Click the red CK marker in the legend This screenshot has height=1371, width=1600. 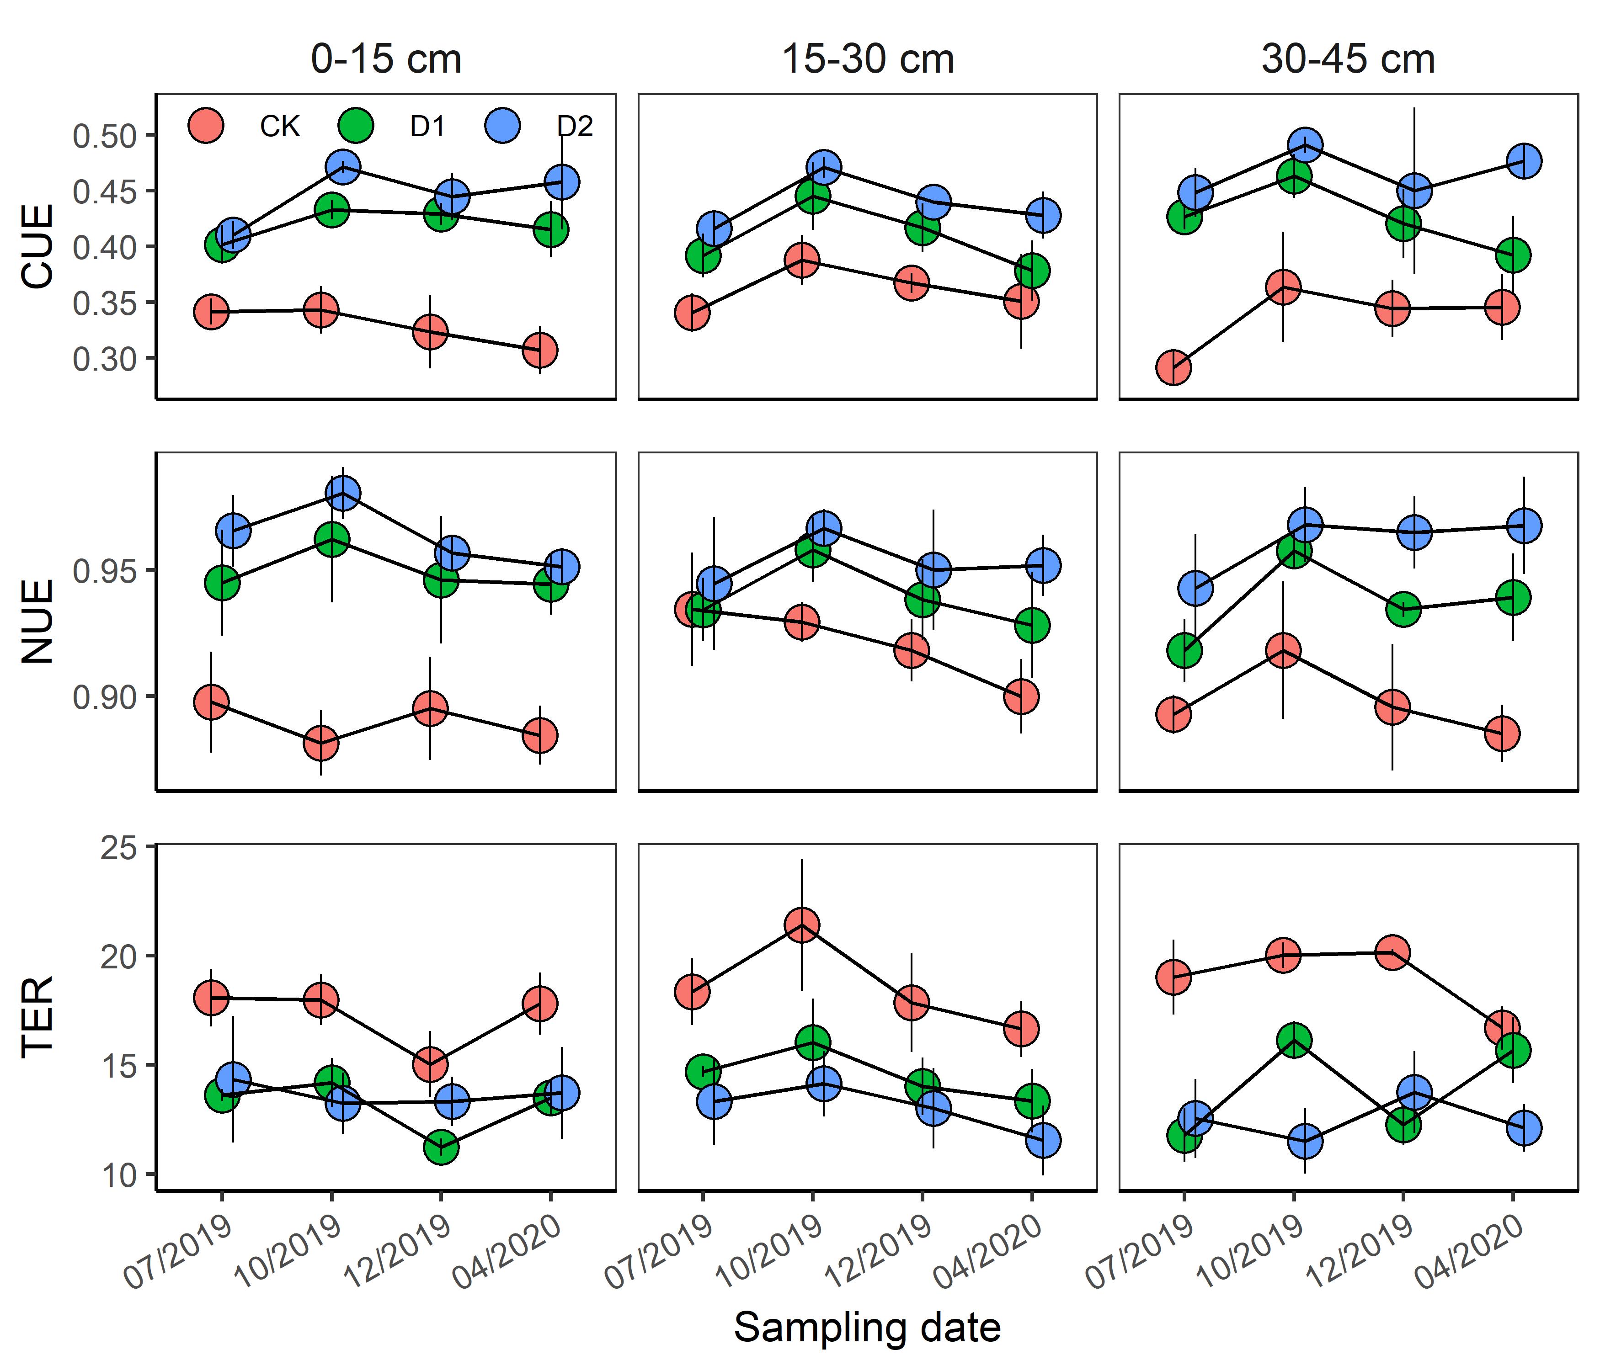click(205, 125)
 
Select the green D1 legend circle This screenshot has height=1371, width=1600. click(355, 125)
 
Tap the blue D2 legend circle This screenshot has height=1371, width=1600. click(503, 125)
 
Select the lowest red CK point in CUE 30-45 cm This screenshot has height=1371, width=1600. click(1173, 367)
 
